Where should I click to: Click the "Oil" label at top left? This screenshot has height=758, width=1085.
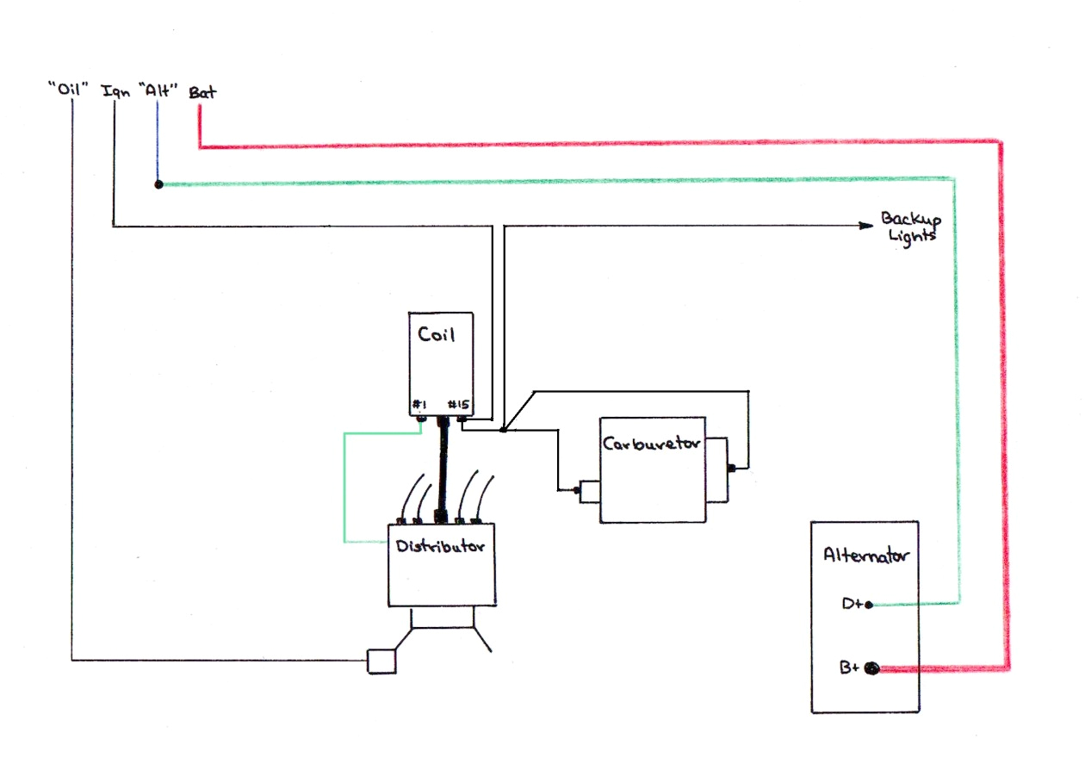click(71, 89)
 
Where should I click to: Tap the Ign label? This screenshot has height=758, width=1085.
click(115, 90)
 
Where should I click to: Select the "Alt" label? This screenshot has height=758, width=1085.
click(157, 89)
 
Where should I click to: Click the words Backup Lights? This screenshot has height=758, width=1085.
click(909, 226)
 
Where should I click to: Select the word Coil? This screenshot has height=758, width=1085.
click(437, 334)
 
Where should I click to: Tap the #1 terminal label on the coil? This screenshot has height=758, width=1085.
click(420, 404)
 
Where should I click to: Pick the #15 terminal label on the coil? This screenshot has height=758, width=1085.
click(459, 404)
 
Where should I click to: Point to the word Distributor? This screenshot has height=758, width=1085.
click(440, 546)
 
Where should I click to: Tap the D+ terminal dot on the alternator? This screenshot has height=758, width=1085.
click(870, 605)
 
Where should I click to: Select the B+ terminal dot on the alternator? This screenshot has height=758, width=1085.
click(871, 668)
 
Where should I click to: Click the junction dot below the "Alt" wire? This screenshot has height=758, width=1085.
click(158, 184)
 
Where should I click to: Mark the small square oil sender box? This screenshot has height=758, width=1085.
click(381, 661)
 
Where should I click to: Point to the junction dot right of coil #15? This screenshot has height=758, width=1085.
click(503, 429)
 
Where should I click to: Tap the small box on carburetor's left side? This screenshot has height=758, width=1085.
click(589, 491)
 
